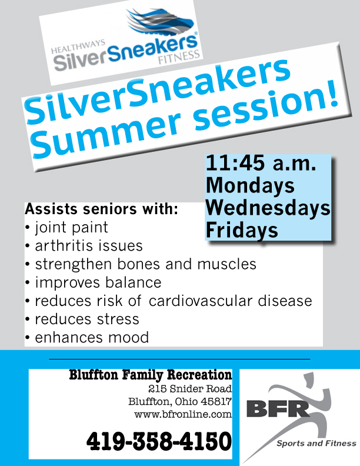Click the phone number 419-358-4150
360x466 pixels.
click(x=159, y=441)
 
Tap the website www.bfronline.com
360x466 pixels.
click(x=183, y=414)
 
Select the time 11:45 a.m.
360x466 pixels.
click(x=261, y=163)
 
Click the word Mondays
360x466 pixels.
click(x=250, y=185)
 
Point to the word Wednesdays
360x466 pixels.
click(x=268, y=208)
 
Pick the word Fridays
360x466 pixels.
click(x=242, y=230)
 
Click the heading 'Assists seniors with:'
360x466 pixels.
click(x=101, y=209)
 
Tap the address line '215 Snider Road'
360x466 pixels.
click(x=190, y=388)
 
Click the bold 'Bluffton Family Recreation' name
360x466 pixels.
click(x=151, y=375)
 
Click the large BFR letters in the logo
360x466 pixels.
click(x=278, y=409)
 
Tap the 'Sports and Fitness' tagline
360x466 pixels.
click(x=316, y=444)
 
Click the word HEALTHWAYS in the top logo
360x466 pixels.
click(x=78, y=46)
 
